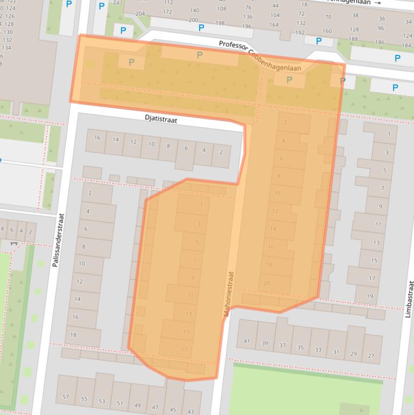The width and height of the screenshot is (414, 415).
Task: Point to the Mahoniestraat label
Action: (x=228, y=293)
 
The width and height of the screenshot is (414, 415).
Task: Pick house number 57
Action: (x=66, y=397)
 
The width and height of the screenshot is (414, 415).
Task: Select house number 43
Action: (x=191, y=411)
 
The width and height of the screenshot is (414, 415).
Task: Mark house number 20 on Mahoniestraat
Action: (x=266, y=283)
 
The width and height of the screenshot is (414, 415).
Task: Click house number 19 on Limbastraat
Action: (x=370, y=296)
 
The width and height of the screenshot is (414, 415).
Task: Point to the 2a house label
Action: (x=116, y=3)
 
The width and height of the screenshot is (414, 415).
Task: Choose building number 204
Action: (x=141, y=13)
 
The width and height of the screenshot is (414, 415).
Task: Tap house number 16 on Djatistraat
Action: (x=97, y=138)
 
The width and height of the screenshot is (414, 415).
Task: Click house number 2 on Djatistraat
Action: (x=221, y=151)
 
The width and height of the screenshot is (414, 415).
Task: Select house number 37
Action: (x=283, y=345)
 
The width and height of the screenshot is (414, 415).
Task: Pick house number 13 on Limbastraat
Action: (x=376, y=243)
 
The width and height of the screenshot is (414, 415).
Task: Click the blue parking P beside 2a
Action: (x=102, y=6)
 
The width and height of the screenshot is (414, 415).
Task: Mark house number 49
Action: (x=137, y=405)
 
